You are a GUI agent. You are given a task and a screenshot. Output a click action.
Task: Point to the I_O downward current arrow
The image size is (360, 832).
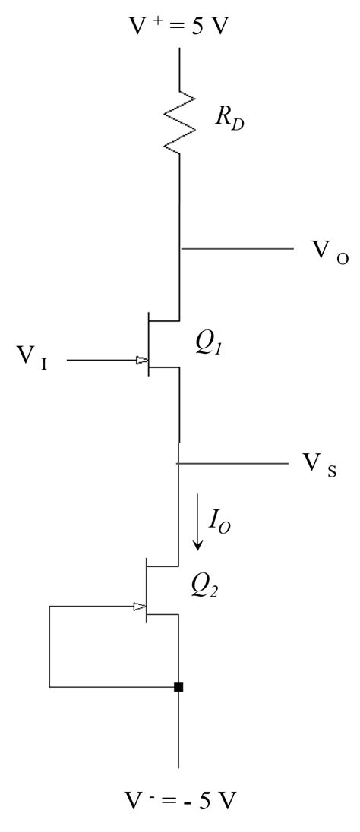point(199,523)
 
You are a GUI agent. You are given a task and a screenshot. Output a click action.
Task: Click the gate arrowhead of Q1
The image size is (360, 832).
point(141,361)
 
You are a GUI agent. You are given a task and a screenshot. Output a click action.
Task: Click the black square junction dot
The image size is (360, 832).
point(178,687)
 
